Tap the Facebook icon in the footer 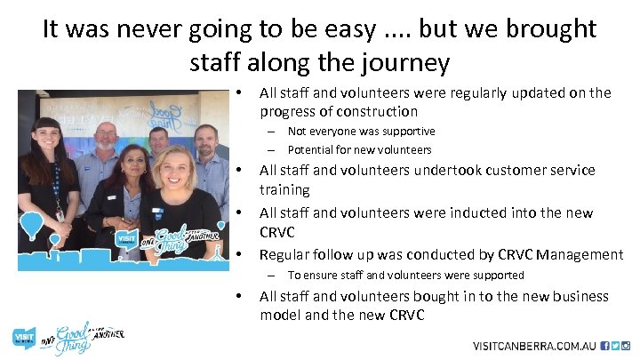coord(604,346)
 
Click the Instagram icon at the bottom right coord(628,346)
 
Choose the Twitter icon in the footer coord(616,346)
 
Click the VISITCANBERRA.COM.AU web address coord(534,346)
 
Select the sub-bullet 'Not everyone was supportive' coord(361,132)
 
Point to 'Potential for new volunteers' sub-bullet coord(359,149)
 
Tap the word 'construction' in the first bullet coord(377,112)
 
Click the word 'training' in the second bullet coord(284,190)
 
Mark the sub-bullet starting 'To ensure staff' coord(405,276)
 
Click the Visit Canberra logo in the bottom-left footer coord(24,338)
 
